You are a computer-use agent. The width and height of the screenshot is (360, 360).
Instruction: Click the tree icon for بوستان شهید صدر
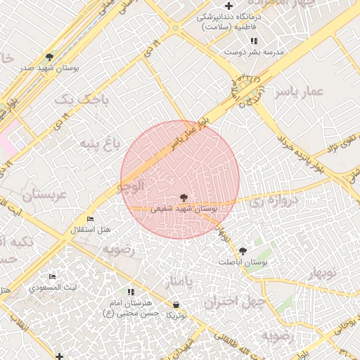coord(49,56)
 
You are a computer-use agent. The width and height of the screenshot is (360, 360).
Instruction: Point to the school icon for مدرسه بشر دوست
coord(253,41)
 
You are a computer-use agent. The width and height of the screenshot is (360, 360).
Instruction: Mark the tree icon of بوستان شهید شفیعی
coord(184,198)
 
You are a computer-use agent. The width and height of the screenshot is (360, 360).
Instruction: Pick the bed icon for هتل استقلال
coord(89,219)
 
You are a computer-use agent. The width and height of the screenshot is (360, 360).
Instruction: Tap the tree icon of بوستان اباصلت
coord(243,251)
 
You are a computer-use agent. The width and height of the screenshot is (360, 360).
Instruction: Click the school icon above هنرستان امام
coord(131,291)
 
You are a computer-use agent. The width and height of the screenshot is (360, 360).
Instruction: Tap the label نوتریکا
coord(176,316)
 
